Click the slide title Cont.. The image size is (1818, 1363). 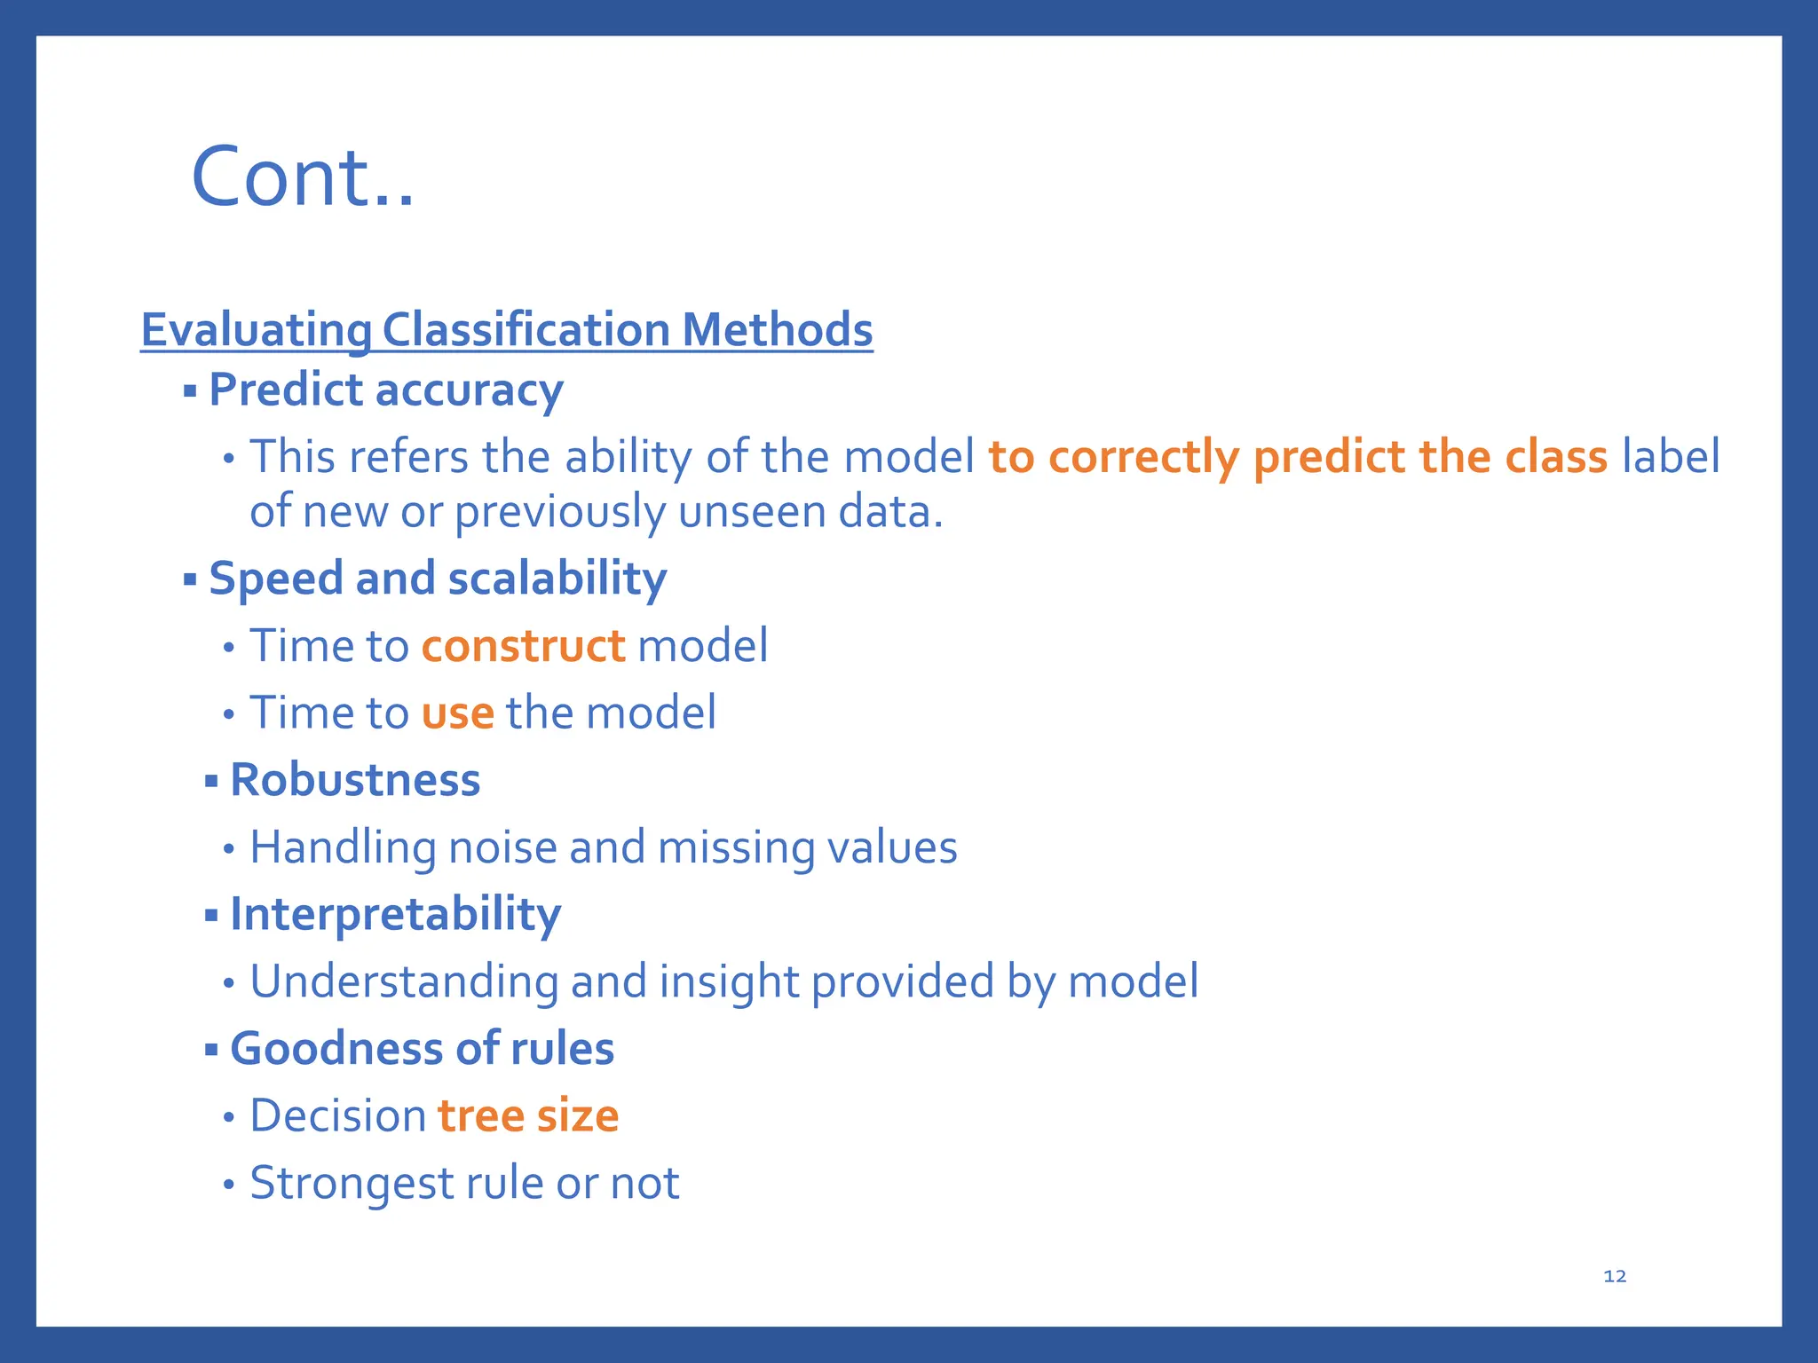[302, 177]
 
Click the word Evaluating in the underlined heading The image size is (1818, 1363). [256, 330]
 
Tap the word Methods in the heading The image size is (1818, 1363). [777, 330]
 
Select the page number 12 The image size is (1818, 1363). [1615, 1276]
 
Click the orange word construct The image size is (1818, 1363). [523, 646]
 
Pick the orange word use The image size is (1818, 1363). [457, 713]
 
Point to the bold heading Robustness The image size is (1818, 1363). [355, 781]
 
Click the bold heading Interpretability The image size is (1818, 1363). [395, 915]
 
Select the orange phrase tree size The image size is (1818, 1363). [528, 1116]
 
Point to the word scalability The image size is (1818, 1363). [557, 579]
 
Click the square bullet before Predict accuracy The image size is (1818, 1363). [189, 390]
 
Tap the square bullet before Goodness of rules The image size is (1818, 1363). [211, 1050]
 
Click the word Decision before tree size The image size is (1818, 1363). [338, 1116]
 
